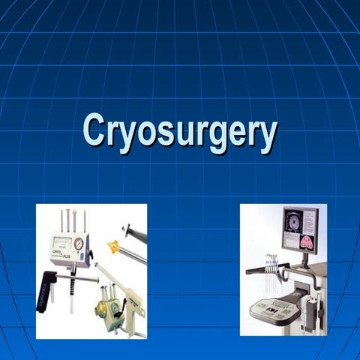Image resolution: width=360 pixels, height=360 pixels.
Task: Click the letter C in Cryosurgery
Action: click(93, 130)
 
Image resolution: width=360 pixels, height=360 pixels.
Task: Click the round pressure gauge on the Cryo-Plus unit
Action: click(79, 244)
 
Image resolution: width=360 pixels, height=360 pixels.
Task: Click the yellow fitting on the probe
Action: click(114, 247)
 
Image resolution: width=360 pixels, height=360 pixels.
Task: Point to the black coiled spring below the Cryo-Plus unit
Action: click(73, 286)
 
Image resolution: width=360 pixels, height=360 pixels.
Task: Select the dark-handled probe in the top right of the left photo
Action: click(133, 233)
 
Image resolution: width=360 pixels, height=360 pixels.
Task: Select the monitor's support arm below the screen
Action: click(306, 259)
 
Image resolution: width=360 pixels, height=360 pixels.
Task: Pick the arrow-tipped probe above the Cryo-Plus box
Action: click(68, 221)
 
